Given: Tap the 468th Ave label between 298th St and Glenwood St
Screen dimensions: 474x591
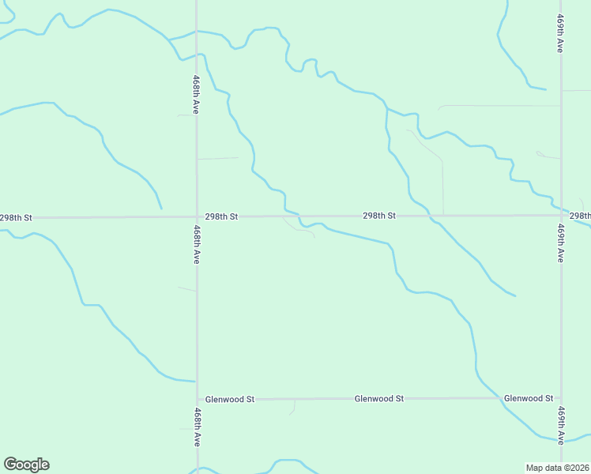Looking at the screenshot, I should pyautogui.click(x=195, y=244).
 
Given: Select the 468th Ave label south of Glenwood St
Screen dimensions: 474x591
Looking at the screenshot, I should pyautogui.click(x=195, y=427).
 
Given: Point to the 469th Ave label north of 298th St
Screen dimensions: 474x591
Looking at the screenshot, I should pyautogui.click(x=559, y=33).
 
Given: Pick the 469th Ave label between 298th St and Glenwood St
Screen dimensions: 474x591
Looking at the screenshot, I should pyautogui.click(x=559, y=243).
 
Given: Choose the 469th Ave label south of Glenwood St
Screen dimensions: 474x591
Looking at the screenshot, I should pyautogui.click(x=560, y=426).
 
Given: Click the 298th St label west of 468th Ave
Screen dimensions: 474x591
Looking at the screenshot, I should pyautogui.click(x=16, y=217).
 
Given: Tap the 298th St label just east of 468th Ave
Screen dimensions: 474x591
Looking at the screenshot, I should pyautogui.click(x=221, y=216).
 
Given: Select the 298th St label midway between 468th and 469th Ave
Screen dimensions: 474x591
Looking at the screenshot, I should pyautogui.click(x=379, y=215).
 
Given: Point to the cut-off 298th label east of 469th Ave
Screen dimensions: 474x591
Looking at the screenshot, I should pyautogui.click(x=580, y=215).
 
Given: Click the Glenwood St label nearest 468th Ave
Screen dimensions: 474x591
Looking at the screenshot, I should pyautogui.click(x=229, y=399).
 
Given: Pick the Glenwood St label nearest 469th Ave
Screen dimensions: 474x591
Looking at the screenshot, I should pyautogui.click(x=529, y=398).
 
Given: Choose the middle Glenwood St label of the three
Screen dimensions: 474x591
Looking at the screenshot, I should pyautogui.click(x=379, y=398).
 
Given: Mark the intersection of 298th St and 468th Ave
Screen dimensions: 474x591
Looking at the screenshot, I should pyautogui.click(x=197, y=216).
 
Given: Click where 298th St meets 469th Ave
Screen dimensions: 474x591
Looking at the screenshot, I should pyautogui.click(x=561, y=215).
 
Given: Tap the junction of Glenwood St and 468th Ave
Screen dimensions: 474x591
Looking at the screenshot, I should pyautogui.click(x=198, y=399).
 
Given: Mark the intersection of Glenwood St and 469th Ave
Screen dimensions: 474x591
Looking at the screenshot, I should pyautogui.click(x=561, y=398).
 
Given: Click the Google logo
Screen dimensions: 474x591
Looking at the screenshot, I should pyautogui.click(x=26, y=465).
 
